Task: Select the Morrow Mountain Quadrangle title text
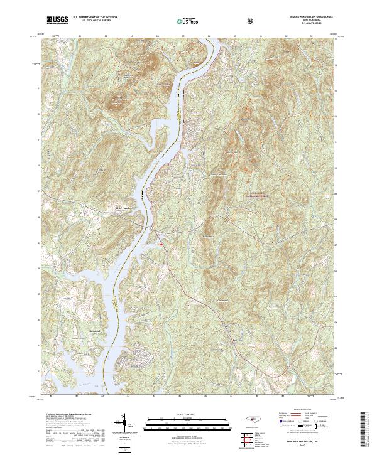point(307,17)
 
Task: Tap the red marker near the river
point(161,244)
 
